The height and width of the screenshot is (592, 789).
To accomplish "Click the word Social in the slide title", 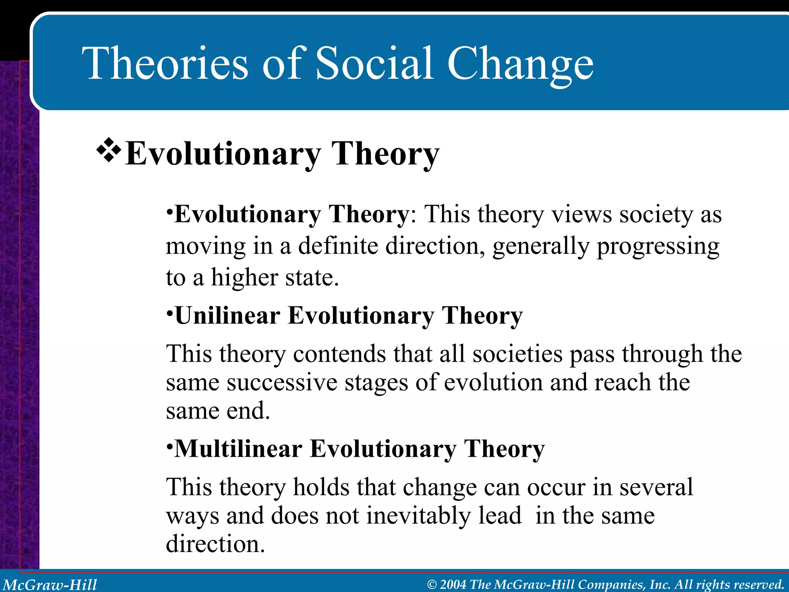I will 374,64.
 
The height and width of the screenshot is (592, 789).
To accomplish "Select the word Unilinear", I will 227,316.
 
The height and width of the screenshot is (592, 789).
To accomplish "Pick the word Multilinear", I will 238,449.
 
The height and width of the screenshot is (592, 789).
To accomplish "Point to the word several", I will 656,487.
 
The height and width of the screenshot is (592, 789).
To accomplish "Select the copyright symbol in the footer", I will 432,585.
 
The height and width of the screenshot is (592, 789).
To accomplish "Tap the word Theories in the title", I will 166,64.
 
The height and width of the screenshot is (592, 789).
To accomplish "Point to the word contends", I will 339,354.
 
